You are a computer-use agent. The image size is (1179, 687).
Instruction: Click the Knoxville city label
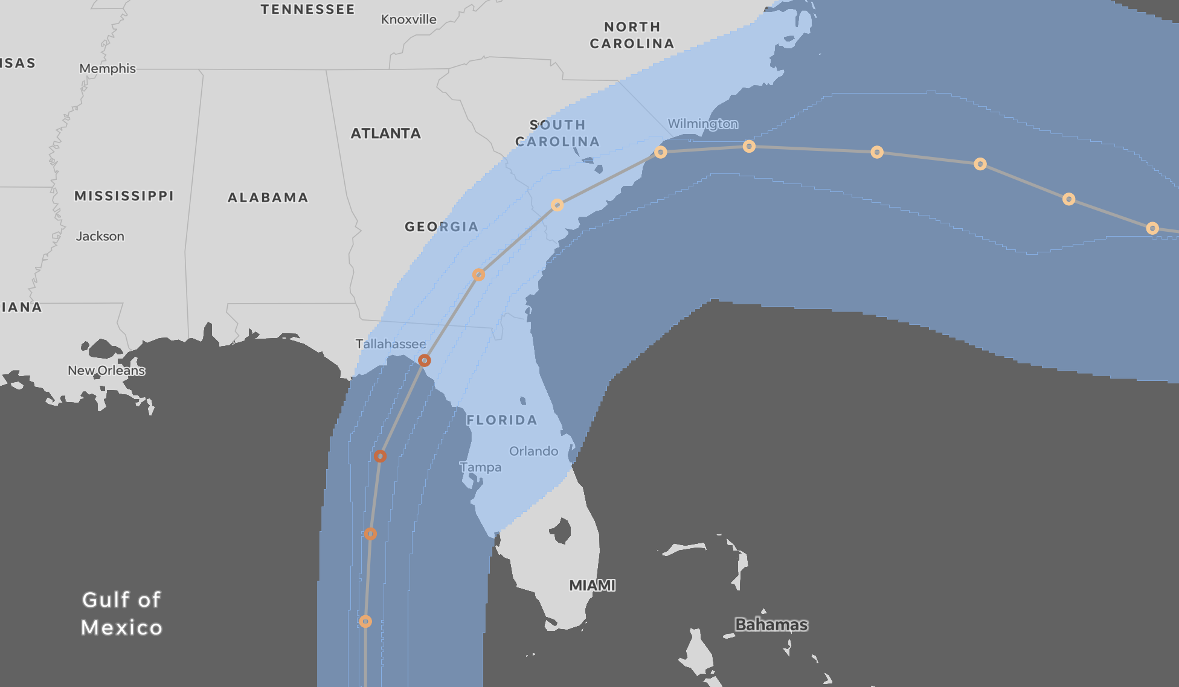[408, 19]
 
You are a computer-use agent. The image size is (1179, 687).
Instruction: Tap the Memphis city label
[108, 68]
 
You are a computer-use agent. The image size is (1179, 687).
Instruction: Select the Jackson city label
[100, 236]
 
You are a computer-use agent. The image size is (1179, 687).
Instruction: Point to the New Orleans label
[106, 370]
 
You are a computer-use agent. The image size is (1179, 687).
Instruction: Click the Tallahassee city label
[390, 344]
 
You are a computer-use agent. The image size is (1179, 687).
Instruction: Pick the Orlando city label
[533, 451]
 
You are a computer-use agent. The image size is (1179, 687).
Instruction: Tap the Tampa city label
[480, 467]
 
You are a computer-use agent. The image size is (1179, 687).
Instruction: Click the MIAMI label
[592, 585]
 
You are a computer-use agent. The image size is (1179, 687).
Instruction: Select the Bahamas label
[771, 624]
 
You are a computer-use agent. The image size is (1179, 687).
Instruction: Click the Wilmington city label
[702, 124]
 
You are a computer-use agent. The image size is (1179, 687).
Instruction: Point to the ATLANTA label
[385, 133]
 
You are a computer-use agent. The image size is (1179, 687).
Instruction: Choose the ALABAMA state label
[268, 197]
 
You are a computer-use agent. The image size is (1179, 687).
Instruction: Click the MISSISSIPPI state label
[124, 196]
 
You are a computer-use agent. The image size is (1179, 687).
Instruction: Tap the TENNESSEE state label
[307, 9]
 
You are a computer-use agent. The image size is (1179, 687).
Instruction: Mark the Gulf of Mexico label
[122, 613]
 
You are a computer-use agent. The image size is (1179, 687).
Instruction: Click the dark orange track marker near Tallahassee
[425, 360]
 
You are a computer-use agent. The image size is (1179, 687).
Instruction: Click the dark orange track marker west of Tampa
[380, 456]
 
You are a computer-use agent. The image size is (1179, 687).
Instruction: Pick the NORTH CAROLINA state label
[632, 35]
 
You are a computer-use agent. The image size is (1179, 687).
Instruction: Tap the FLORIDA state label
[501, 420]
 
